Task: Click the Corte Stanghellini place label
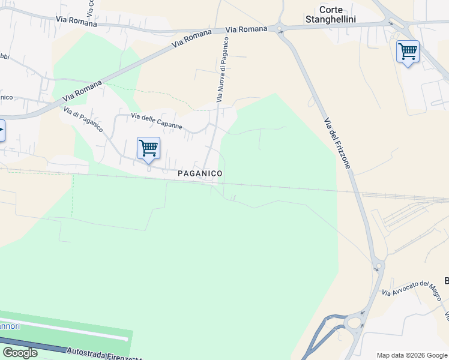point(337,14)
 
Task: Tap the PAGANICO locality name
point(200,173)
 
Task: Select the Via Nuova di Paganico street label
point(221,70)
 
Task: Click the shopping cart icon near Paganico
point(148,148)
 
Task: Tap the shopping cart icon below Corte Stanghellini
point(408,52)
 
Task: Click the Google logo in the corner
point(20,353)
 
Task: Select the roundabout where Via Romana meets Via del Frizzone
point(278,28)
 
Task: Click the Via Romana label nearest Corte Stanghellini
point(247,29)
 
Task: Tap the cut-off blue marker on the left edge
point(2,130)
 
